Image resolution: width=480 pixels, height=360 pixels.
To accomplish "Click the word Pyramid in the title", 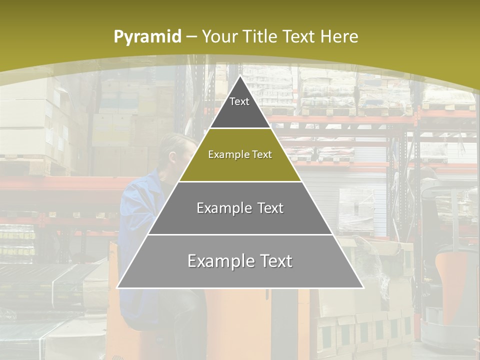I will point(147,37).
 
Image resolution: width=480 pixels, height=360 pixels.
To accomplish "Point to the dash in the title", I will point(191,37).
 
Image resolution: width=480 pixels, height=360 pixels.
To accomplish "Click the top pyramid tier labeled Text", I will point(239,107).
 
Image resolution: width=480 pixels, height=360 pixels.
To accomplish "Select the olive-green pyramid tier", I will point(240,162).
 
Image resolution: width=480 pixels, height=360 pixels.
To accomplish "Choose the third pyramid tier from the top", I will point(240,215).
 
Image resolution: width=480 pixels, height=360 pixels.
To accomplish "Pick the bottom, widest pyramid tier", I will point(240,270).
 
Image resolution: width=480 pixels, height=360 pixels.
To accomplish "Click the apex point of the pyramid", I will point(240,76).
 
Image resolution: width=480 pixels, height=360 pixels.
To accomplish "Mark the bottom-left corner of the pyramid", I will point(117,287).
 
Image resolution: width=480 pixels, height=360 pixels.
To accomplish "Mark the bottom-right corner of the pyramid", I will point(363,287).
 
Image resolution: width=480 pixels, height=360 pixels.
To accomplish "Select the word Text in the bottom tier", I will point(272,261).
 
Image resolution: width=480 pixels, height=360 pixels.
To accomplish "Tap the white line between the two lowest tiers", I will point(240,234).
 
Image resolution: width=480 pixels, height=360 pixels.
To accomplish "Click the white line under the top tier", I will point(240,128).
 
